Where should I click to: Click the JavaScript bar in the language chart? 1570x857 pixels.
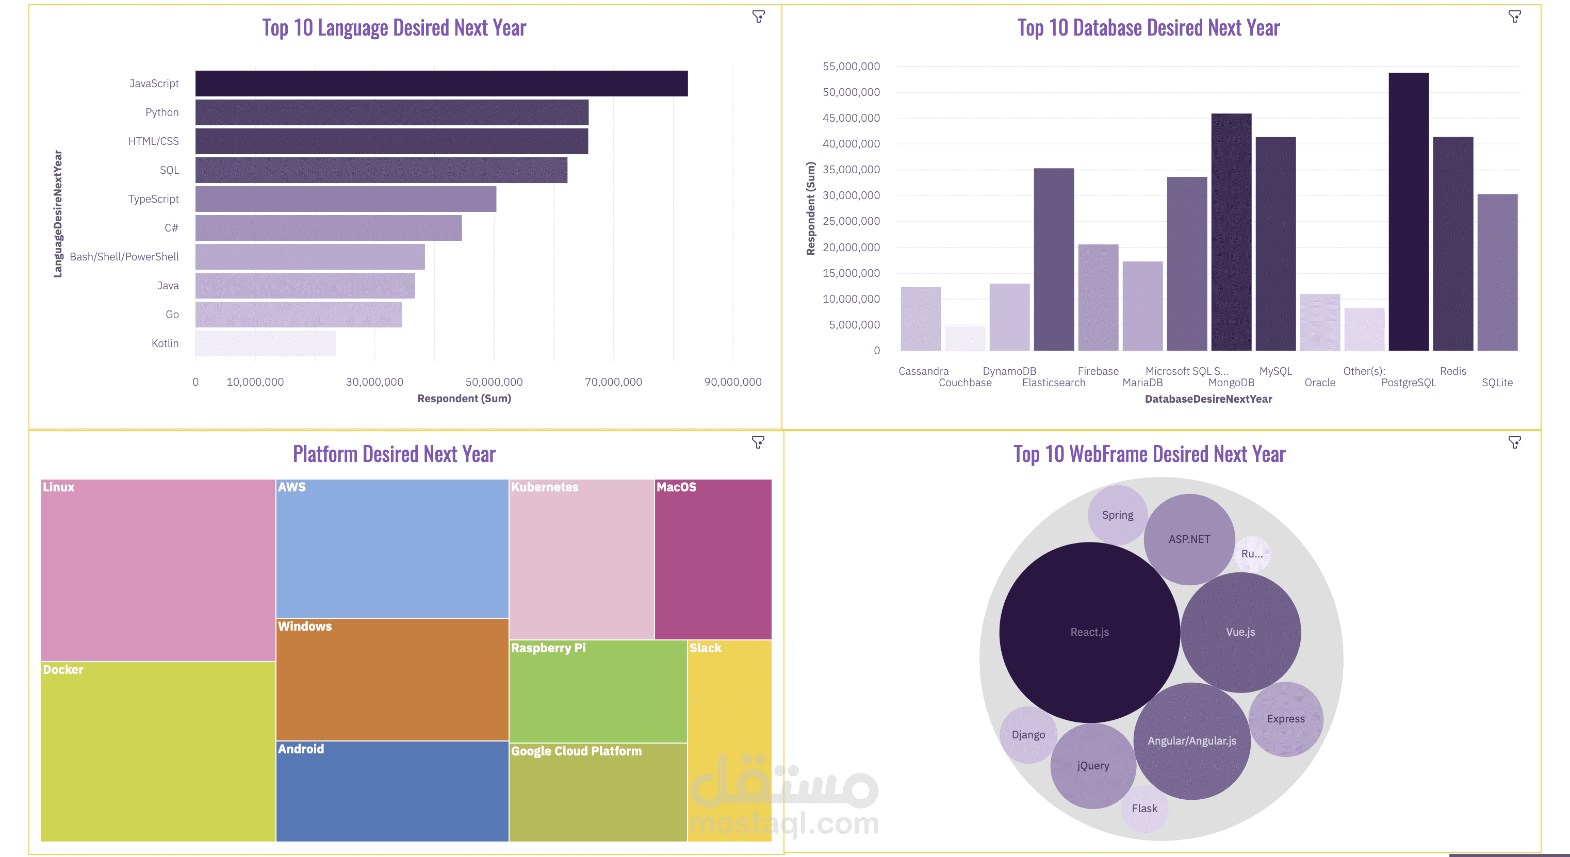click(441, 84)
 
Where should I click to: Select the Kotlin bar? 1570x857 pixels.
click(265, 343)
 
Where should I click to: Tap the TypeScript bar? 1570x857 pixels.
click(346, 199)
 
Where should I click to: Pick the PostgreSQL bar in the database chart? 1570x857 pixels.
click(1409, 211)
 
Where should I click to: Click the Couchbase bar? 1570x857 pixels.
click(965, 338)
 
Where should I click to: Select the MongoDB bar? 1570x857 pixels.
click(1231, 232)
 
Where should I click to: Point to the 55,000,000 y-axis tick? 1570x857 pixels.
click(851, 67)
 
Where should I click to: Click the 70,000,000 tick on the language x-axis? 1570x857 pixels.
click(613, 382)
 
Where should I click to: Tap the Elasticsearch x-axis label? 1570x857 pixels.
click(1053, 383)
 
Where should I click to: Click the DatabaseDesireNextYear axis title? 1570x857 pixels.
click(1208, 399)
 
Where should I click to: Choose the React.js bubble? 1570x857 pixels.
click(1089, 632)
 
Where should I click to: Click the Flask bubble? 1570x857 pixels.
click(1144, 808)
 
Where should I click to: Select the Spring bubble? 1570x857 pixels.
click(1117, 515)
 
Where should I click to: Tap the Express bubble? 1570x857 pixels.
click(1285, 719)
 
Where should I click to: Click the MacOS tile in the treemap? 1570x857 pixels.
click(712, 559)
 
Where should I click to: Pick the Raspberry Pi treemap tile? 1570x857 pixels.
click(597, 691)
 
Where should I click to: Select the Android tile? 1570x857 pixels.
click(392, 791)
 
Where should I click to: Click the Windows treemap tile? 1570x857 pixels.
click(392, 680)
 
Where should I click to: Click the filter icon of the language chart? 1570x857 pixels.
click(758, 17)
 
